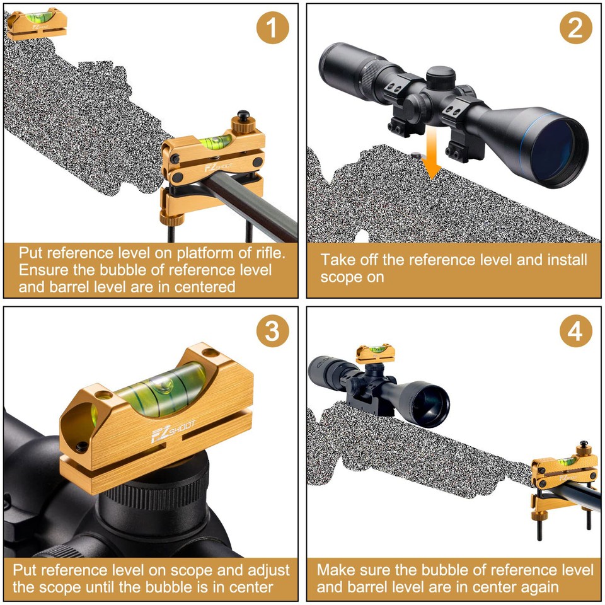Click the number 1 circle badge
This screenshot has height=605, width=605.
pos(272,28)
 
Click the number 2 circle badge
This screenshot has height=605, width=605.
pos(575,28)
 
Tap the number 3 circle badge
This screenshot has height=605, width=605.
pos(272,331)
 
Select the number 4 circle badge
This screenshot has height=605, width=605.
pos(575,331)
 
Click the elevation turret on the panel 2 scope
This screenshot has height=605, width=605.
pos(441,78)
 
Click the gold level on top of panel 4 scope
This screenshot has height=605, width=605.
pos(374,353)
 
